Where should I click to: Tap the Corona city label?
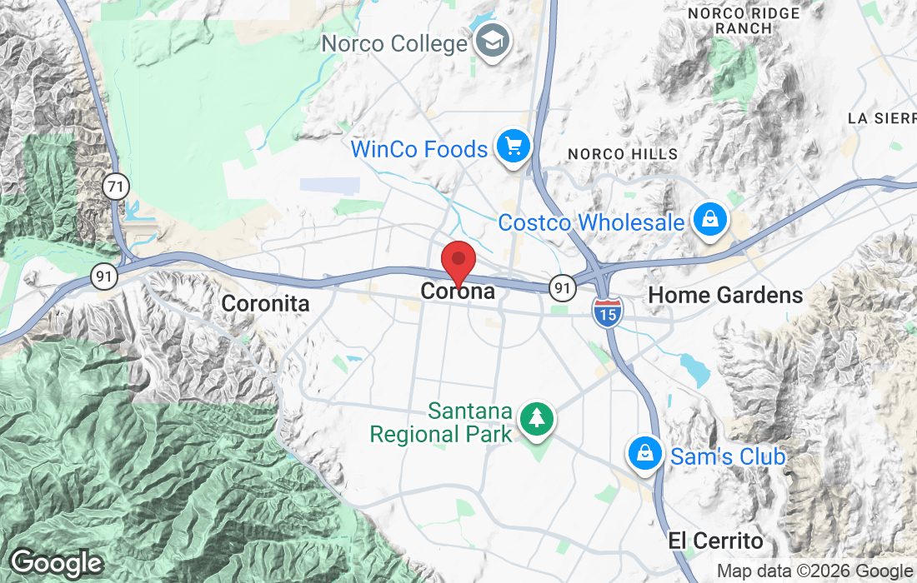[458, 291]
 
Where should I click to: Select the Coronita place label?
[265, 304]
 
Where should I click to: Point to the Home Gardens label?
[725, 295]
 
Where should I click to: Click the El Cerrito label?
[715, 541]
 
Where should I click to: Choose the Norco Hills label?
[622, 154]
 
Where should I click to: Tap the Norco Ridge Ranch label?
[744, 21]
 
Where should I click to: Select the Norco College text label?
[394, 43]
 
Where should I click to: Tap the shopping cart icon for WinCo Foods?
[514, 147]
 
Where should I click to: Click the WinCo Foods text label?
[419, 150]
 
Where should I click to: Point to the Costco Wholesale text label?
[591, 223]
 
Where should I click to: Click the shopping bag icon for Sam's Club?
[645, 454]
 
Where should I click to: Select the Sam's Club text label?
[728, 456]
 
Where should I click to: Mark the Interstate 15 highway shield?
[608, 312]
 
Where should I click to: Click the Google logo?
[57, 564]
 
